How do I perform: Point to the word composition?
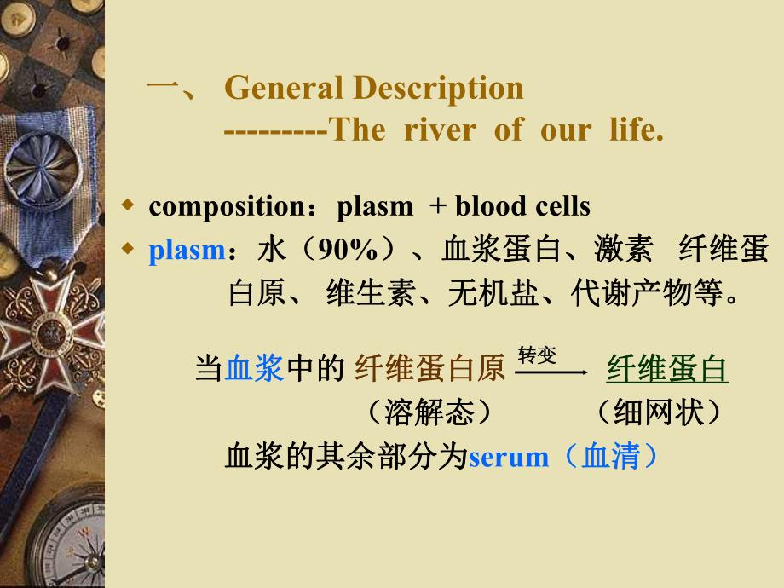tap(222, 206)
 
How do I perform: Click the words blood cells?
tap(522, 206)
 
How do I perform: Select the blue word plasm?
tap(186, 251)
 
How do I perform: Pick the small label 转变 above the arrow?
tap(537, 355)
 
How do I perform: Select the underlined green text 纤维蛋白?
tap(667, 368)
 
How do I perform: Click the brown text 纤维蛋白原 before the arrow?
tap(429, 368)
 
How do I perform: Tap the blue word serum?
tap(509, 458)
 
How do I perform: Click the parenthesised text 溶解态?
tap(428, 412)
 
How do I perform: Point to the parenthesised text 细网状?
tap(659, 412)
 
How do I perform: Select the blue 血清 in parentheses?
tap(612, 458)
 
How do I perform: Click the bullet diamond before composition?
tap(129, 205)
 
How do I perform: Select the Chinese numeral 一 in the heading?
tap(162, 88)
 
